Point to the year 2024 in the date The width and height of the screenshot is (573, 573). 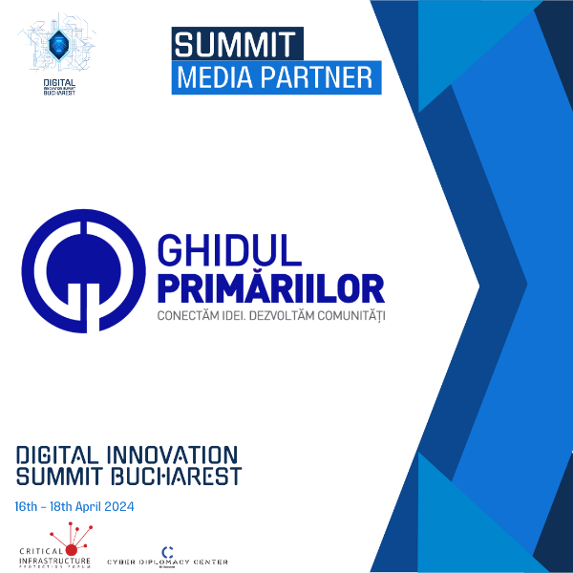(x=117, y=505)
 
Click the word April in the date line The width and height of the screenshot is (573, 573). (x=84, y=505)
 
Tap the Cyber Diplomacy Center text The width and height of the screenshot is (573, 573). (x=167, y=562)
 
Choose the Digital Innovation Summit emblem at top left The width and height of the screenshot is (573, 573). (x=59, y=48)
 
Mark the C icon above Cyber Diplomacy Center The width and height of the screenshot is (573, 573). (x=168, y=551)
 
